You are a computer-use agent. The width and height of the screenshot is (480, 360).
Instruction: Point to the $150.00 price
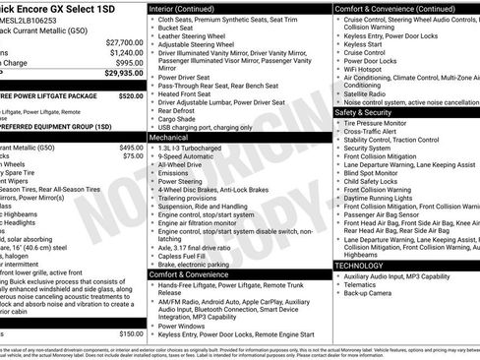tap(131, 334)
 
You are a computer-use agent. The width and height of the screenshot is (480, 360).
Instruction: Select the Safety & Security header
tap(363, 112)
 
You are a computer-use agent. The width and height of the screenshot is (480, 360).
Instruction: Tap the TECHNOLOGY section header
tap(360, 266)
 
